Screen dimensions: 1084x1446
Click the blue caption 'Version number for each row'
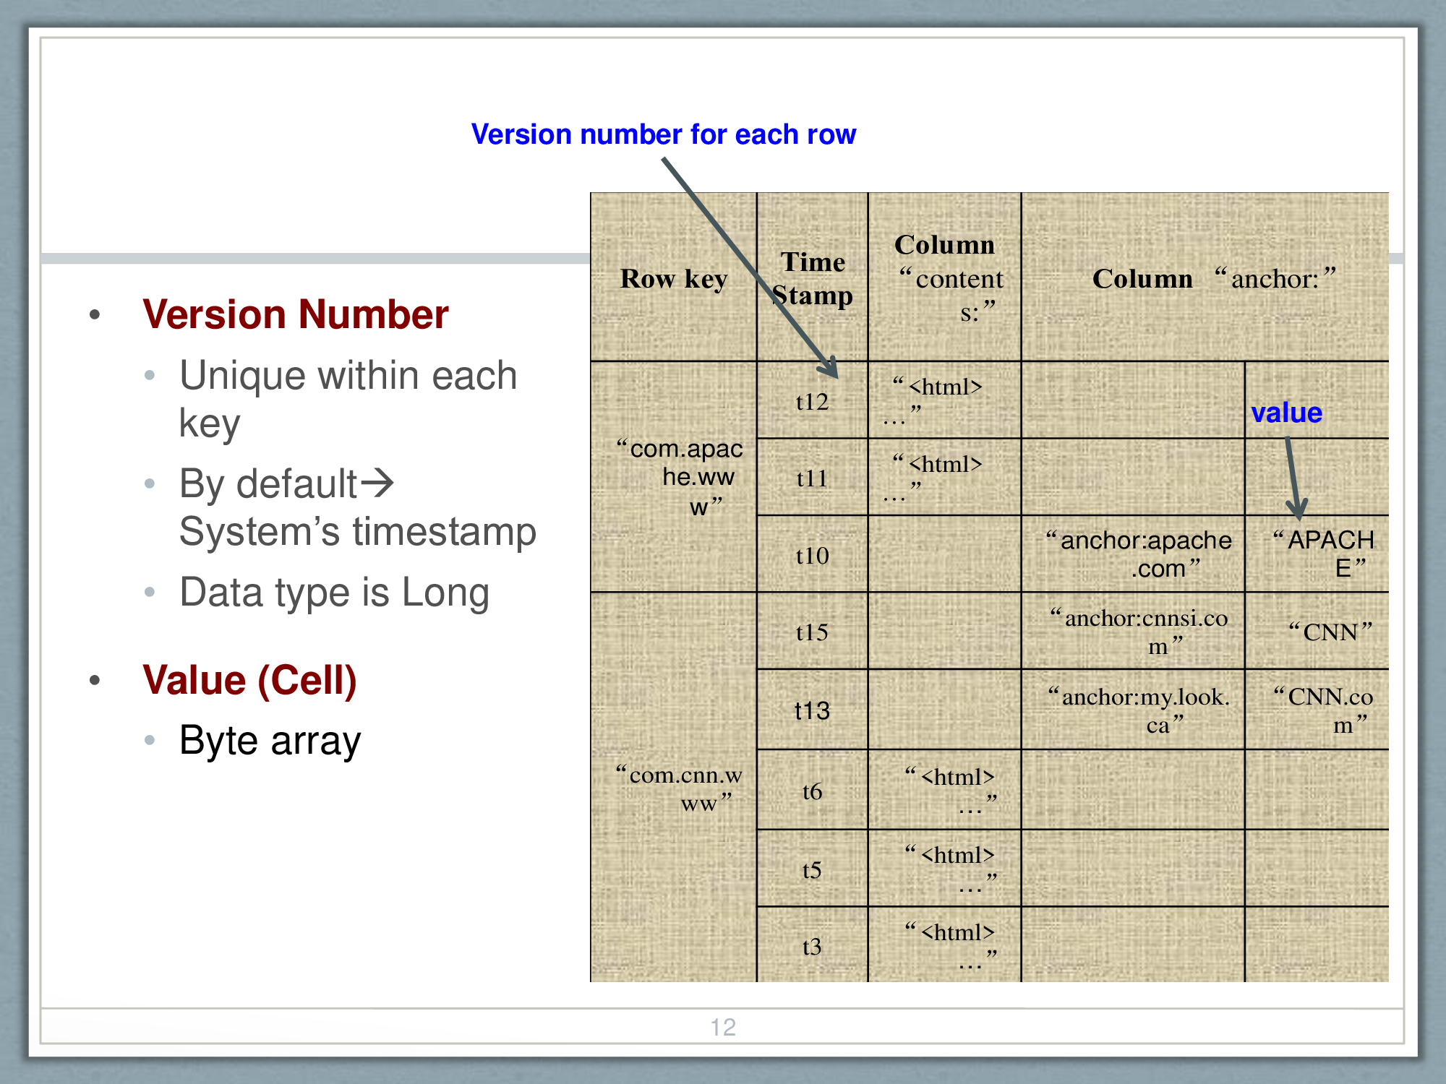(663, 134)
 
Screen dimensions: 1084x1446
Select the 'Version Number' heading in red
(295, 314)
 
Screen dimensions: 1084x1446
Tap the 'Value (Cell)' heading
(249, 680)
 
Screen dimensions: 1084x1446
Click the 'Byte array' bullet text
(270, 741)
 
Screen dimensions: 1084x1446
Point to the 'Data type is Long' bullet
(334, 593)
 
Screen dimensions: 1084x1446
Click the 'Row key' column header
(673, 279)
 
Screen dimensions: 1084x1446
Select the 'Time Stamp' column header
(813, 279)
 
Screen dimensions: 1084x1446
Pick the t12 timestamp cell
(812, 402)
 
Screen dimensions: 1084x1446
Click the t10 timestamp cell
(812, 556)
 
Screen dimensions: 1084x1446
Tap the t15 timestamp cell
(812, 632)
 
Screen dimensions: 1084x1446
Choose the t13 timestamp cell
(812, 710)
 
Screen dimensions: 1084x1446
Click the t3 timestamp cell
(812, 947)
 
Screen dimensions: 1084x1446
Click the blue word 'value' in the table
(1287, 413)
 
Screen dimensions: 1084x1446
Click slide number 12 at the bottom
(723, 1027)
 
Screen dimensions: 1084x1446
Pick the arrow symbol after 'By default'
(377, 483)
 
